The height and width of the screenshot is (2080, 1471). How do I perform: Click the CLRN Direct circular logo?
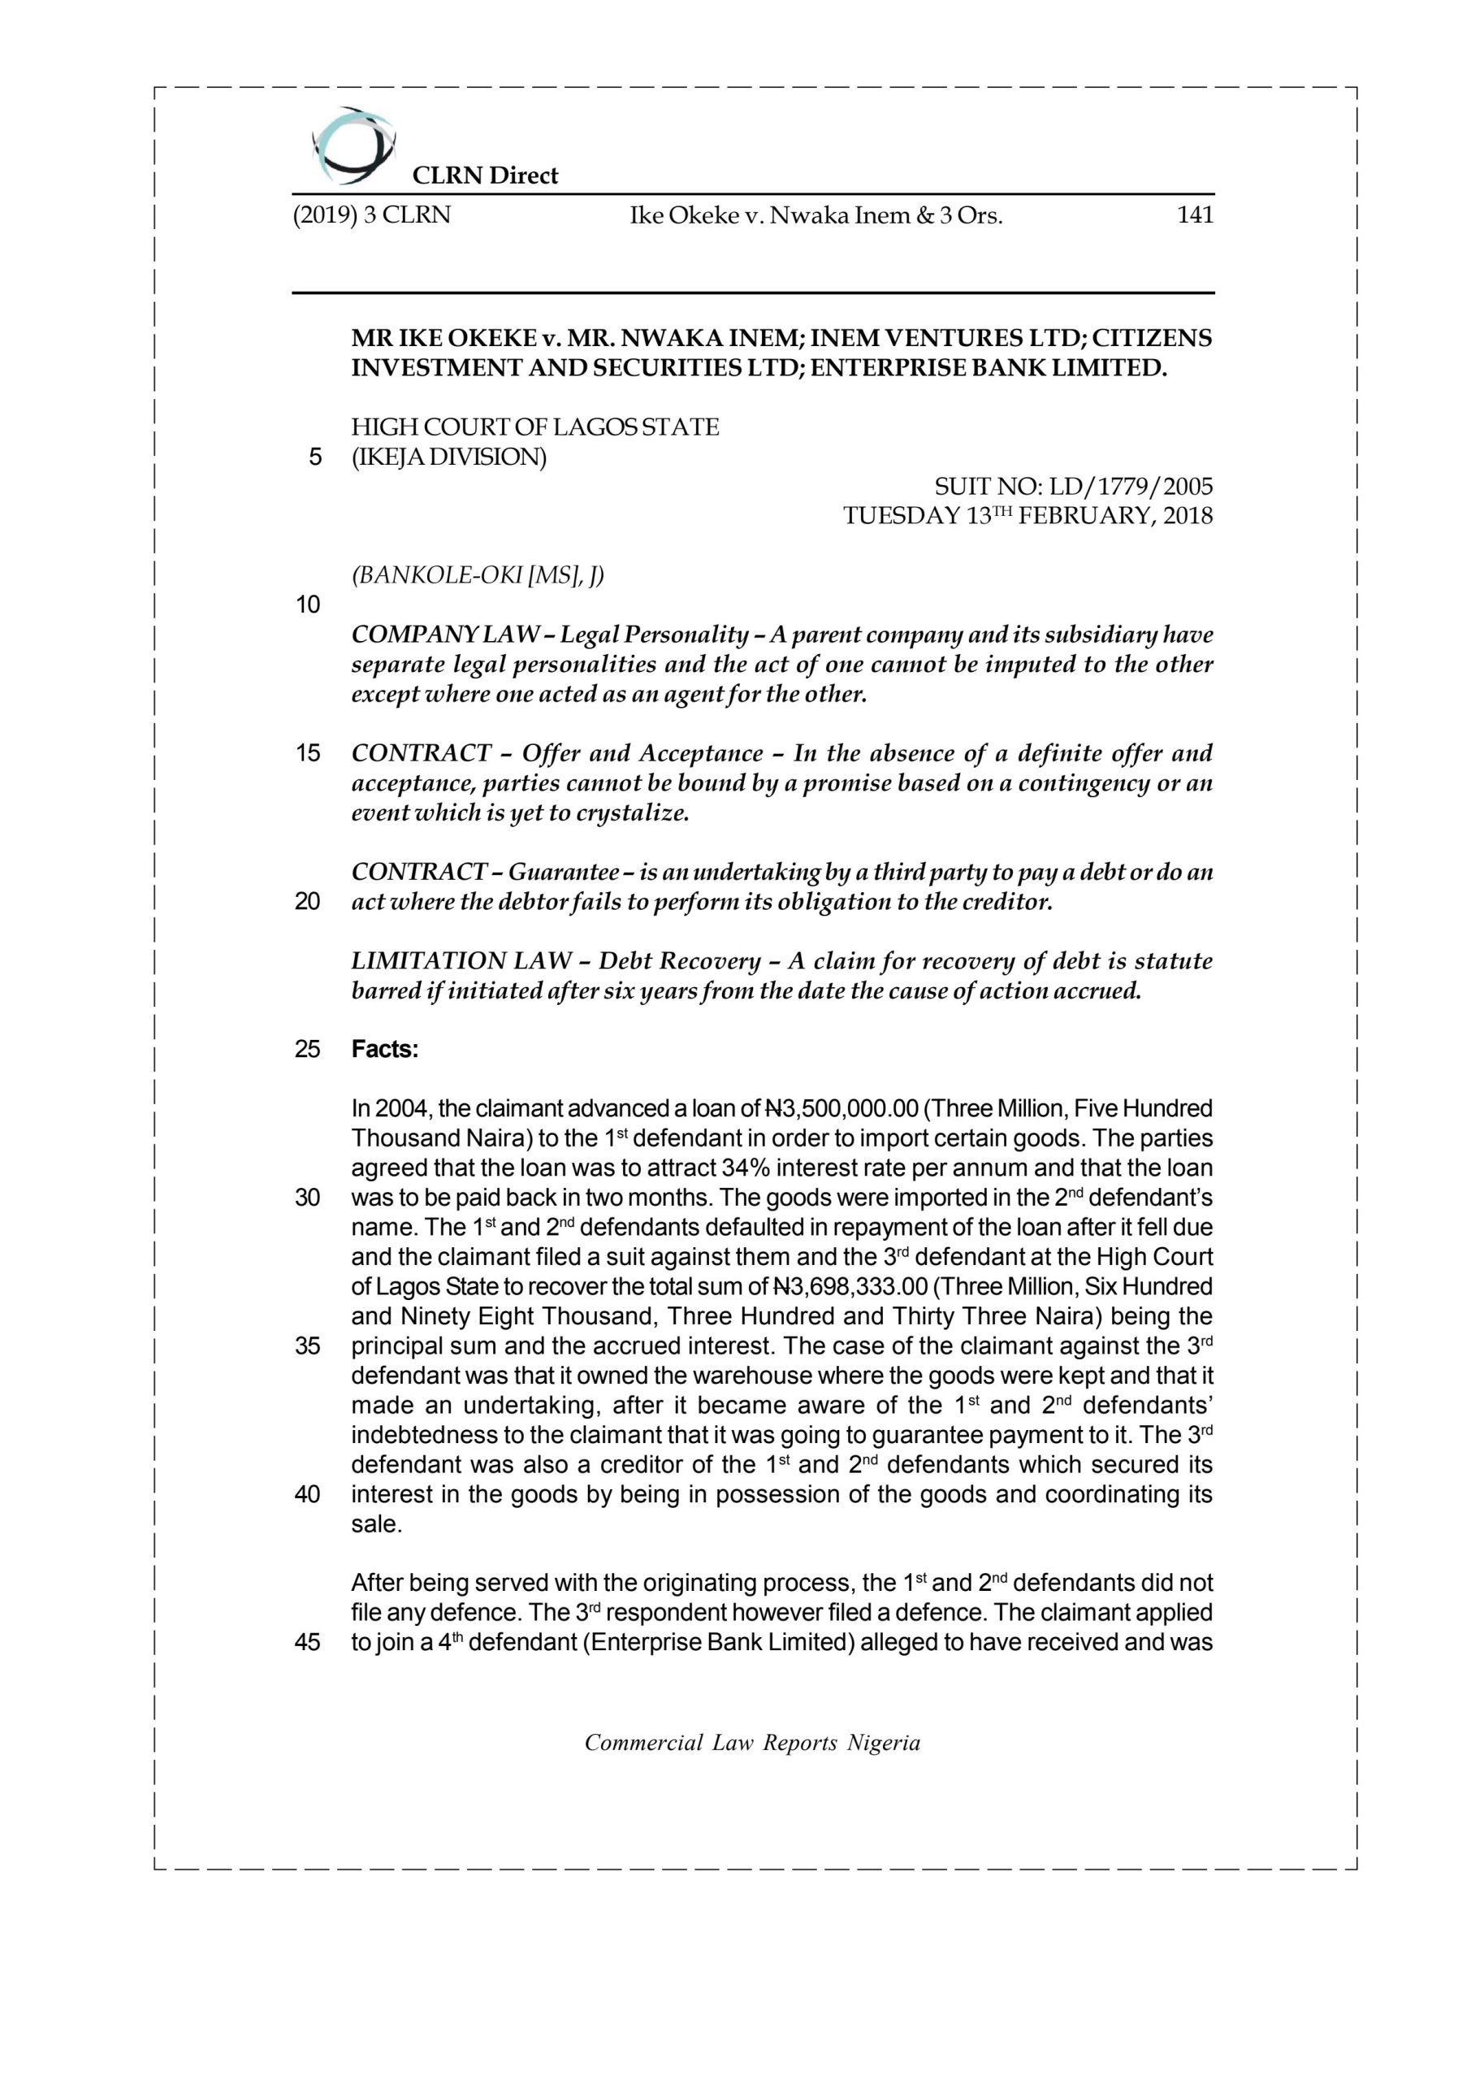[x=353, y=145]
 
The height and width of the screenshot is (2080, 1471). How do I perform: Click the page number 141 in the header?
[x=1194, y=215]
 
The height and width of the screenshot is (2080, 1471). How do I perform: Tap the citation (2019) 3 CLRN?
[x=371, y=215]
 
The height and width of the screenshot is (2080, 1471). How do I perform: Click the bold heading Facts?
[x=385, y=1049]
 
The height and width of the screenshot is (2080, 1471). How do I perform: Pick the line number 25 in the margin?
[x=307, y=1049]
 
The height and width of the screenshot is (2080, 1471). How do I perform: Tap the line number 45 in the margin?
[x=307, y=1642]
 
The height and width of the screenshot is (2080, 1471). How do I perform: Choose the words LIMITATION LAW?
[x=461, y=960]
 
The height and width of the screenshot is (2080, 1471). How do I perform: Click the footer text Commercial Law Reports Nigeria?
[x=752, y=1743]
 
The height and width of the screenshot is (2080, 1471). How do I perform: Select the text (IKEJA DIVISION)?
[x=449, y=457]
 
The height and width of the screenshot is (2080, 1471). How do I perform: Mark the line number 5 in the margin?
[x=314, y=457]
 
